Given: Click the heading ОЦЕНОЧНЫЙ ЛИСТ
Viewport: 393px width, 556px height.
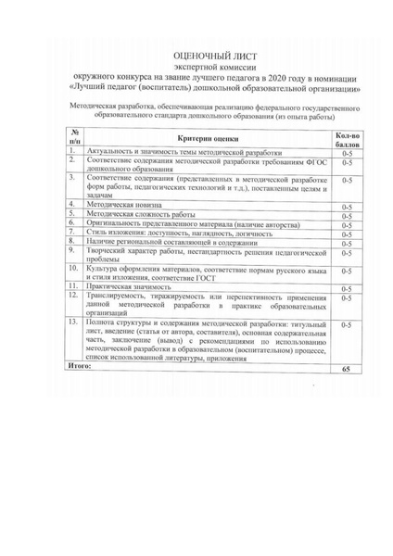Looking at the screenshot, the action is click(x=196, y=55).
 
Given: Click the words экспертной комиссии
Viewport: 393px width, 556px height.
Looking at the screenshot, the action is click(x=196, y=67).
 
